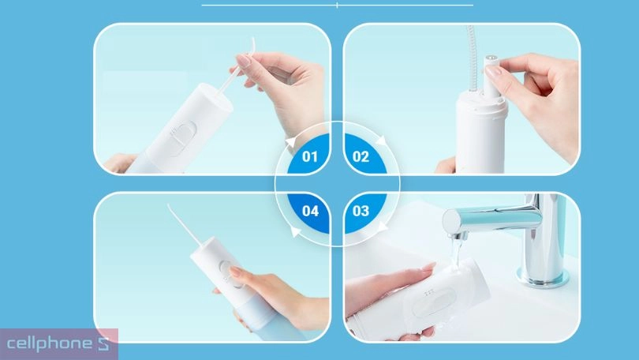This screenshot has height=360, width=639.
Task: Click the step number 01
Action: click(310, 156)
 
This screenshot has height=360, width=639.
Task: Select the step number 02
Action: click(361, 156)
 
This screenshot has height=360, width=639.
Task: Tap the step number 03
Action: click(361, 211)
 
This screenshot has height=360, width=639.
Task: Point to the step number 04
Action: click(310, 211)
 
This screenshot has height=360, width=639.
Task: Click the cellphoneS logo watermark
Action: click(58, 343)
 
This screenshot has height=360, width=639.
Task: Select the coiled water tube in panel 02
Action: click(471, 58)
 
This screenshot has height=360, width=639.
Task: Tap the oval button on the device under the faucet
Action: click(432, 301)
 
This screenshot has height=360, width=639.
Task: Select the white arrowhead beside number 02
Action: click(382, 141)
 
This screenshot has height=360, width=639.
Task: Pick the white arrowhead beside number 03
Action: click(382, 226)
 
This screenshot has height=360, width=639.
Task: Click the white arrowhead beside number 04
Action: click(295, 231)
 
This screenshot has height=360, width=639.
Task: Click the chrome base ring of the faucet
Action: click(542, 277)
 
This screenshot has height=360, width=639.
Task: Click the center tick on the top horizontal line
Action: click(337, 6)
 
